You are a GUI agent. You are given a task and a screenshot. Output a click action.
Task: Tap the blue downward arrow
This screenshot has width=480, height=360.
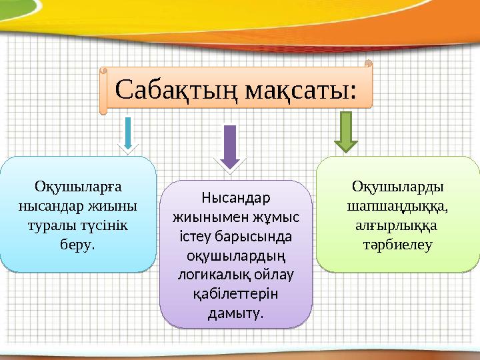pyautogui.click(x=129, y=133)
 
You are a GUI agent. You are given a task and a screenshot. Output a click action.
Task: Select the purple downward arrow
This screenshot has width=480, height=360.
pyautogui.click(x=229, y=146)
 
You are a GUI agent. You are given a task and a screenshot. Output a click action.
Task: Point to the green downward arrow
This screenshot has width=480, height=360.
pyautogui.click(x=345, y=131)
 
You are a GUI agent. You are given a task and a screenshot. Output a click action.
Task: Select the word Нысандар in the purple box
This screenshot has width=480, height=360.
pyautogui.click(x=235, y=198)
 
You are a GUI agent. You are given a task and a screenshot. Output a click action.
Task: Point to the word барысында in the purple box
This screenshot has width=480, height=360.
pyautogui.click(x=263, y=237)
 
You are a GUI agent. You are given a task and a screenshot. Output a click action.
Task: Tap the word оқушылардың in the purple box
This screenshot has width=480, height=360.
pyautogui.click(x=235, y=256)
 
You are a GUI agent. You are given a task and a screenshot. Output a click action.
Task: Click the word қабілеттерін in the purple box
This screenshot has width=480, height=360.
pyautogui.click(x=235, y=294)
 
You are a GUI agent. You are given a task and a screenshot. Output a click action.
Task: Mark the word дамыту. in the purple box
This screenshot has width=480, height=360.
pyautogui.click(x=235, y=313)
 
